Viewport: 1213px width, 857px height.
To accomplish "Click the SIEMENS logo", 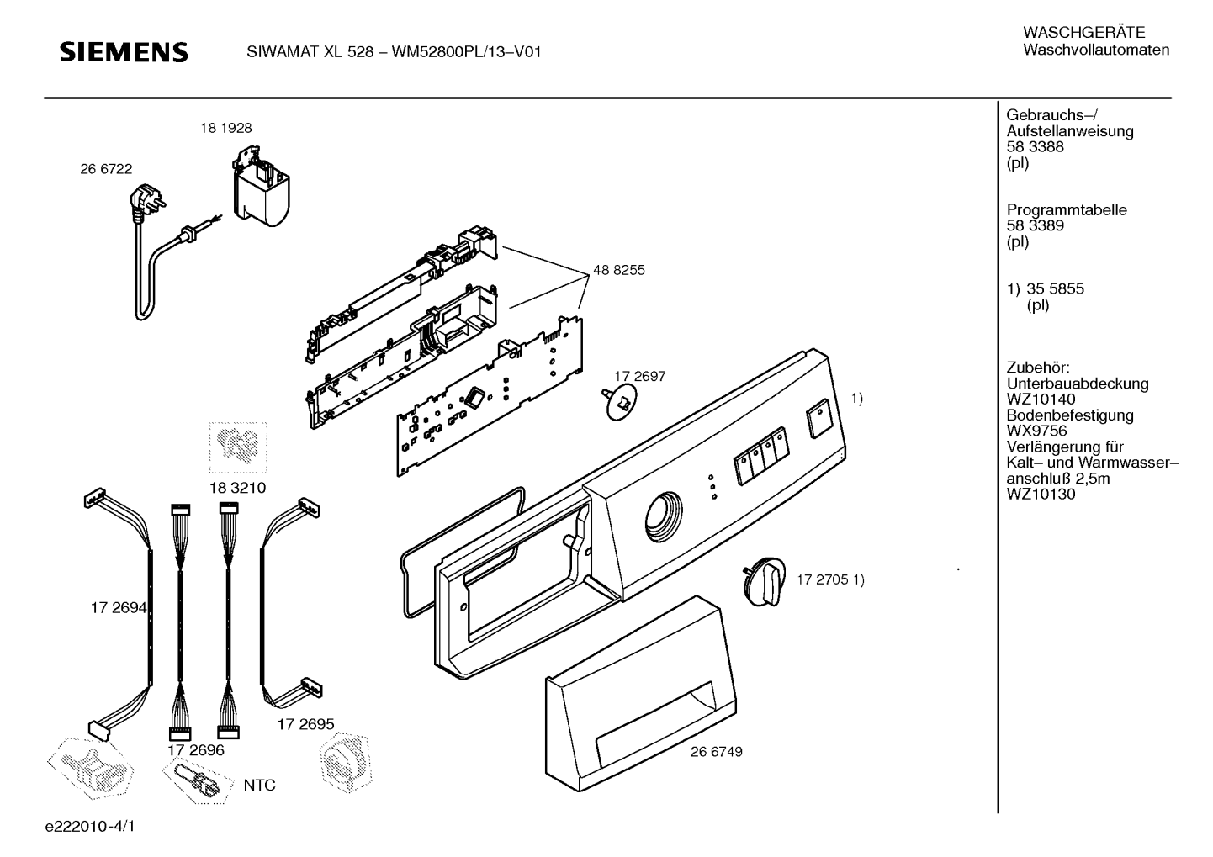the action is [124, 52].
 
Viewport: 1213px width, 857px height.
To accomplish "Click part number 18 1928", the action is [226, 129].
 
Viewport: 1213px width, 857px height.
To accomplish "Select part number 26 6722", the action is [106, 169].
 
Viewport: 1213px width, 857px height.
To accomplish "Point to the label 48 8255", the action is [619, 270].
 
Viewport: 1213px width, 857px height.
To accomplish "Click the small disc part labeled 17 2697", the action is [621, 402].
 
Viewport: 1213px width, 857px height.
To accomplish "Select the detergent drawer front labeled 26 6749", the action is [641, 694].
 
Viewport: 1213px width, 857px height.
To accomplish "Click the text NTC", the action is [259, 785].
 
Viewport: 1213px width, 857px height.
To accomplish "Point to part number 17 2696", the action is [195, 750].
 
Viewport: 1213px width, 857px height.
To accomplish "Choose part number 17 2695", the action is [306, 724].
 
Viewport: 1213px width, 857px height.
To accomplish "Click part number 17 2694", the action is [119, 608].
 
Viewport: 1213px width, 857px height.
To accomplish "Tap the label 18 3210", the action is [238, 488].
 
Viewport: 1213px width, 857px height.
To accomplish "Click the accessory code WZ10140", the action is [1041, 399].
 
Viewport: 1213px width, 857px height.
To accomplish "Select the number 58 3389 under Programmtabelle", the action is [1035, 225].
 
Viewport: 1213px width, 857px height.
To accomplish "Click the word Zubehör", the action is [1037, 368].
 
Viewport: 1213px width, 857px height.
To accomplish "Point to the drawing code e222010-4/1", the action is [90, 826].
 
